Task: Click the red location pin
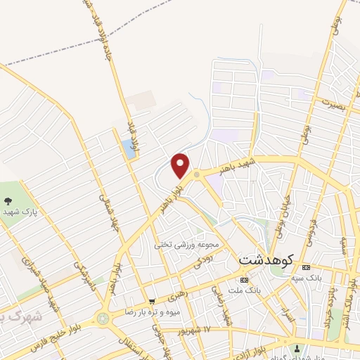[181, 165]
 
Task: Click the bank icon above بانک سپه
[305, 269]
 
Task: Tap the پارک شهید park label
[20, 210]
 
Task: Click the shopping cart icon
[152, 301]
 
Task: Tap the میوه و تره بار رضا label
[154, 311]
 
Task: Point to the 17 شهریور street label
[214, 329]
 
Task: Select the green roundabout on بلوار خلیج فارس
[103, 319]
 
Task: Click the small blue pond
[128, 147]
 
